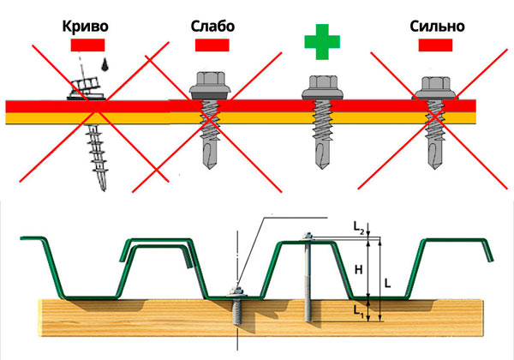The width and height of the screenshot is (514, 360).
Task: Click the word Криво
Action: [x=85, y=26]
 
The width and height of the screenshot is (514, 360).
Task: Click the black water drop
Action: [x=103, y=65]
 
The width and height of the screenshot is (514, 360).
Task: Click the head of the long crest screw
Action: [x=305, y=235]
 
